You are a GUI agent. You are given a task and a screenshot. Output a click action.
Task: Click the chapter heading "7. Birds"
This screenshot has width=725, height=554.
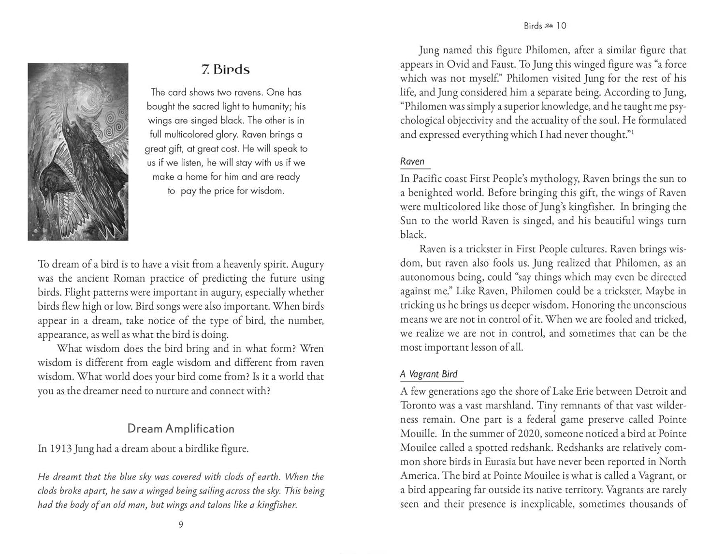[225, 70]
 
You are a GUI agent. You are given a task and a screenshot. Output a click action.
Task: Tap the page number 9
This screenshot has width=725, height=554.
[181, 525]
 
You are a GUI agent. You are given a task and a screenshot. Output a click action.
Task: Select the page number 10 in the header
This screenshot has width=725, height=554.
[561, 26]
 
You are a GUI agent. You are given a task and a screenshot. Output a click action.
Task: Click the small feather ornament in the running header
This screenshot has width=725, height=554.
[549, 26]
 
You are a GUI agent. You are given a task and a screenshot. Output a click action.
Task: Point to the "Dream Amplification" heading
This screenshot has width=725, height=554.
[181, 429]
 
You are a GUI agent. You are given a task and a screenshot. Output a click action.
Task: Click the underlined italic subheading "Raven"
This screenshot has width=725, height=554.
[412, 162]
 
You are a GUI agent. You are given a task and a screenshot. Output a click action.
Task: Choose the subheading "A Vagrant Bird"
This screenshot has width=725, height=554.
[429, 374]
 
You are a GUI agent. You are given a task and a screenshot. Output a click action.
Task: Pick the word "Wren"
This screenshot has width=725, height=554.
[312, 349]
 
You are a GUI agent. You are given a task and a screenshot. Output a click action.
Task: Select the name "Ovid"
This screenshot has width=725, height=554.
[457, 64]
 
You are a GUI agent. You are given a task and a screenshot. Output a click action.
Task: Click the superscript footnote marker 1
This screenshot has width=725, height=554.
[632, 132]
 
